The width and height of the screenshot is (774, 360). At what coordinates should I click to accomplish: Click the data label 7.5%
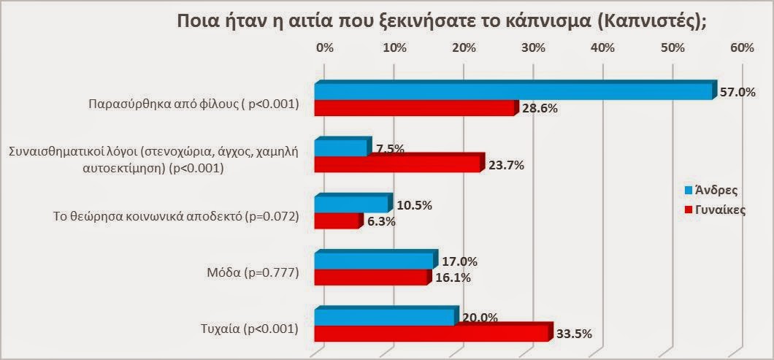click(391, 150)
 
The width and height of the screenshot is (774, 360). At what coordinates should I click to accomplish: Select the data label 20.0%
click(480, 318)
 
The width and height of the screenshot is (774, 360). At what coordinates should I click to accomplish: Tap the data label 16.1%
click(453, 277)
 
